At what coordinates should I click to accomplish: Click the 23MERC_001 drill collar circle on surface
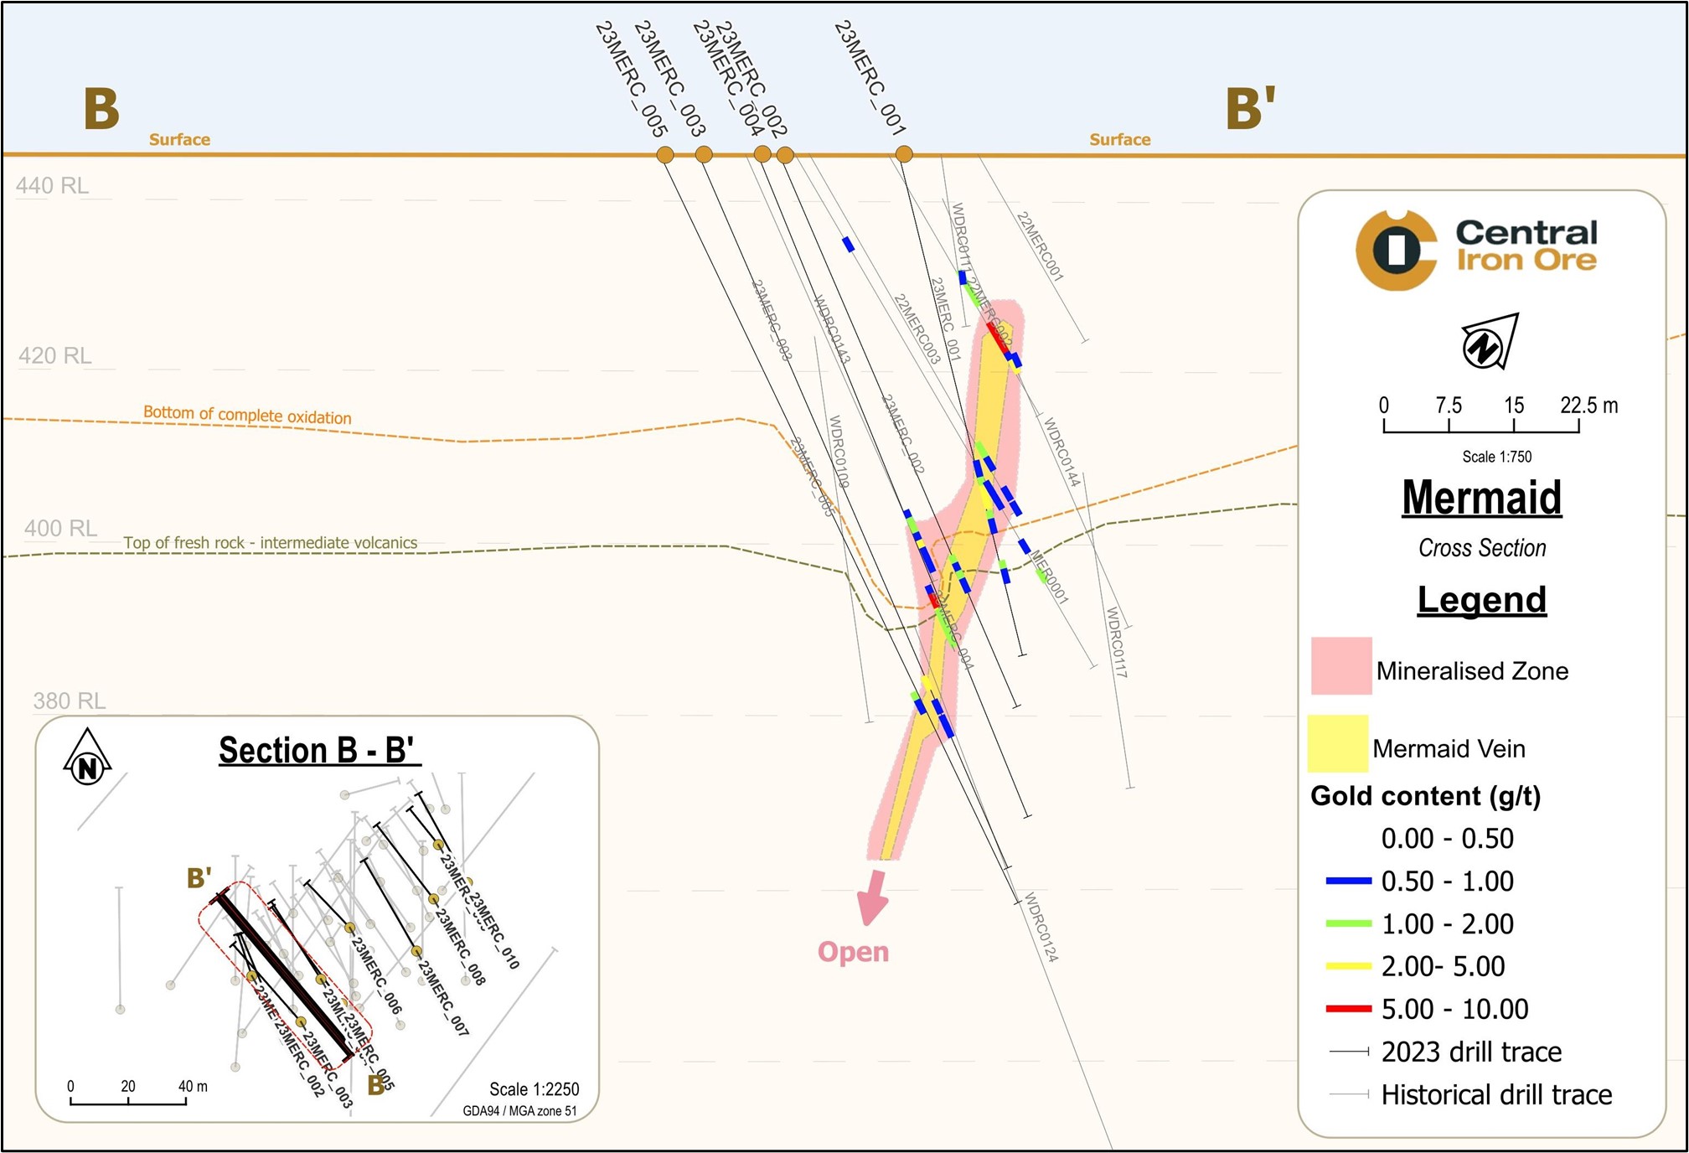904,154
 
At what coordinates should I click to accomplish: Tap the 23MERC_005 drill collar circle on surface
665,154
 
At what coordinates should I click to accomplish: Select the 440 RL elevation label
52,185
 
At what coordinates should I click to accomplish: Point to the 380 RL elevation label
70,701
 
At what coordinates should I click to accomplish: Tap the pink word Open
853,952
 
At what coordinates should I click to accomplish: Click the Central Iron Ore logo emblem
1396,250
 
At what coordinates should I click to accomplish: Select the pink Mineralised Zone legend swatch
1341,666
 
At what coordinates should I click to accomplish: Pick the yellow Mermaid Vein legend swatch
1338,743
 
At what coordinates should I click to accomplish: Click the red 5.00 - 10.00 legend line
1348,1009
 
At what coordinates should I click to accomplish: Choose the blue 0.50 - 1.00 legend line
1348,881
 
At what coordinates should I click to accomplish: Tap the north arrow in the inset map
87,758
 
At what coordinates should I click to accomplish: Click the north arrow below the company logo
1489,342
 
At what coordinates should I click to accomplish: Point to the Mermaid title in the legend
1481,498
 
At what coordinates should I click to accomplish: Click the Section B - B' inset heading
319,750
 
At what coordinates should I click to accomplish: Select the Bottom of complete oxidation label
247,415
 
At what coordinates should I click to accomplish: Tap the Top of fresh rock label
270,543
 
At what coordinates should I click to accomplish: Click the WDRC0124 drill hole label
1041,927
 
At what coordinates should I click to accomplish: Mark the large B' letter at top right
1250,108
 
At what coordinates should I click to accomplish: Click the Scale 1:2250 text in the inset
534,1089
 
